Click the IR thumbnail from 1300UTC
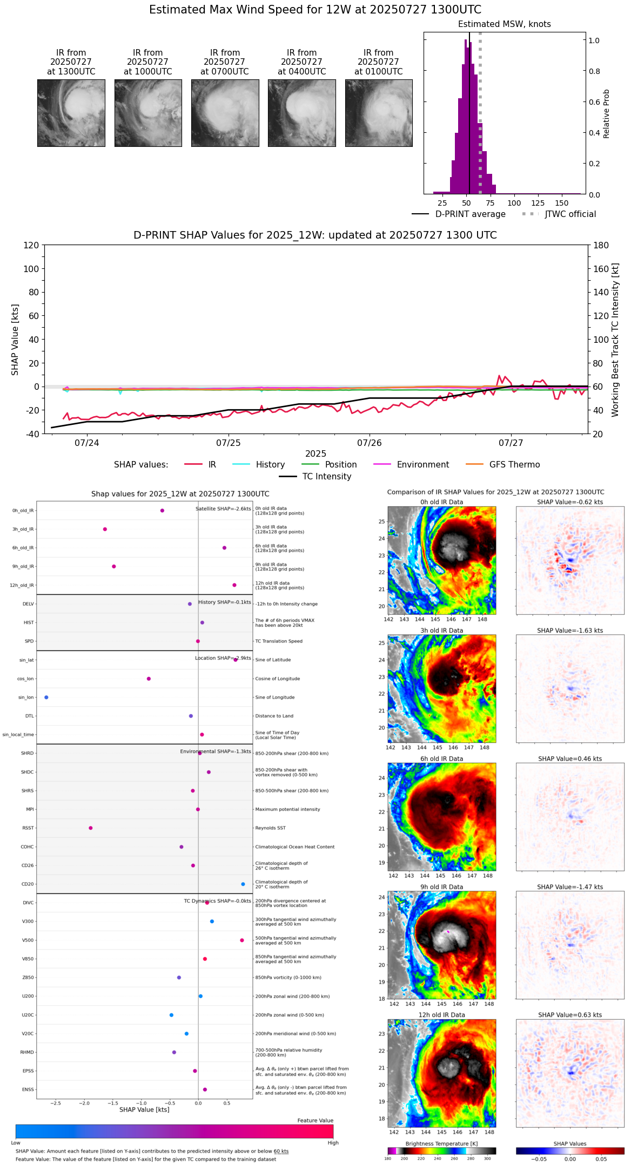[71, 113]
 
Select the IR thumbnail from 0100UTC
[379, 113]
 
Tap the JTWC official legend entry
[570, 214]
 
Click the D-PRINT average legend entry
[470, 214]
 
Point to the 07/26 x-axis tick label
[370, 443]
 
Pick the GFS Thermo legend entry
[514, 465]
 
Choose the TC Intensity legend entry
[326, 477]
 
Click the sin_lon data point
[46, 697]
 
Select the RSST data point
[91, 828]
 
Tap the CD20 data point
[243, 884]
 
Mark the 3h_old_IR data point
[105, 529]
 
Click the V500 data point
[242, 940]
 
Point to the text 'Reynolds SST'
[270, 828]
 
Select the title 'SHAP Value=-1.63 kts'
[570, 631]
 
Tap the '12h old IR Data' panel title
[441, 1015]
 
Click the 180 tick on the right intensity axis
[601, 246]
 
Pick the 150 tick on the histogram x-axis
[562, 204]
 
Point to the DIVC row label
[28, 903]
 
